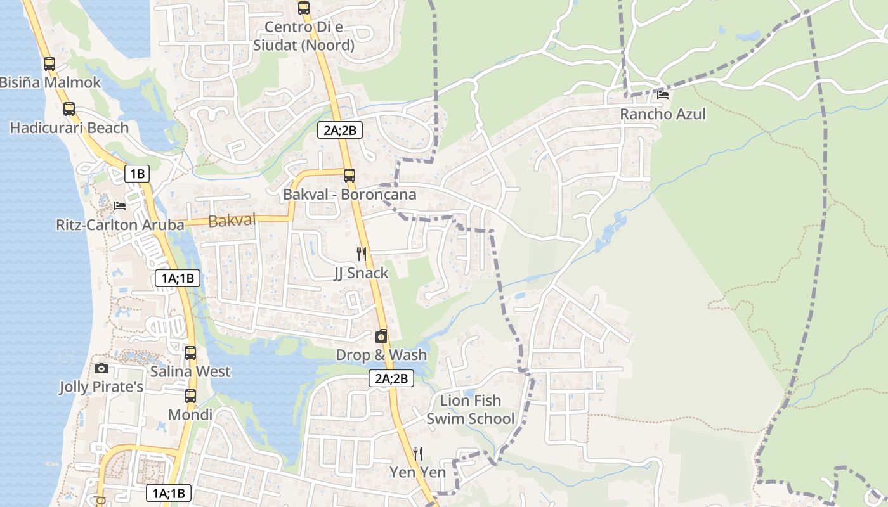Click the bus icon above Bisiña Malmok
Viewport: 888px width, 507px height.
tap(49, 64)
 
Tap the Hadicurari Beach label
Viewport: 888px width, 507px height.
tap(69, 128)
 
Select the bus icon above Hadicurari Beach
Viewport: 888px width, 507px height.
tap(69, 109)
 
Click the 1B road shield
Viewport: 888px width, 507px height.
tap(136, 174)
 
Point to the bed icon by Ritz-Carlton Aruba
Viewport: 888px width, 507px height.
tap(120, 206)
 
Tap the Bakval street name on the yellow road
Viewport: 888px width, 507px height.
tap(232, 221)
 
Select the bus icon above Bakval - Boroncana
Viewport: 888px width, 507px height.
tap(349, 176)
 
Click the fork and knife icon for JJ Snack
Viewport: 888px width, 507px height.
tap(362, 254)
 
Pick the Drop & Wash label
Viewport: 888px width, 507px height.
tap(381, 355)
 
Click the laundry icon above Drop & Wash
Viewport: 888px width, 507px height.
tap(381, 337)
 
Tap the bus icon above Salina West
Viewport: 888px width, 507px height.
tap(190, 353)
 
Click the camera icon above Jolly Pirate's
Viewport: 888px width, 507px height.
tap(101, 369)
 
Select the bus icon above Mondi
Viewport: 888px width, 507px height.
tap(190, 397)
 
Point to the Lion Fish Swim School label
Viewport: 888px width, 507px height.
tap(470, 409)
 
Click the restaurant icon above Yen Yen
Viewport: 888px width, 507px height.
tap(417, 454)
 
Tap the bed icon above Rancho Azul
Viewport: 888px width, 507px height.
tap(663, 95)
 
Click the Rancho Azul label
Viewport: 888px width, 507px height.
tap(662, 114)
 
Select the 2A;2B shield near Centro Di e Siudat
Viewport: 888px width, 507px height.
tap(339, 131)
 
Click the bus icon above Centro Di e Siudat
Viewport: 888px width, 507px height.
tap(304, 8)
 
